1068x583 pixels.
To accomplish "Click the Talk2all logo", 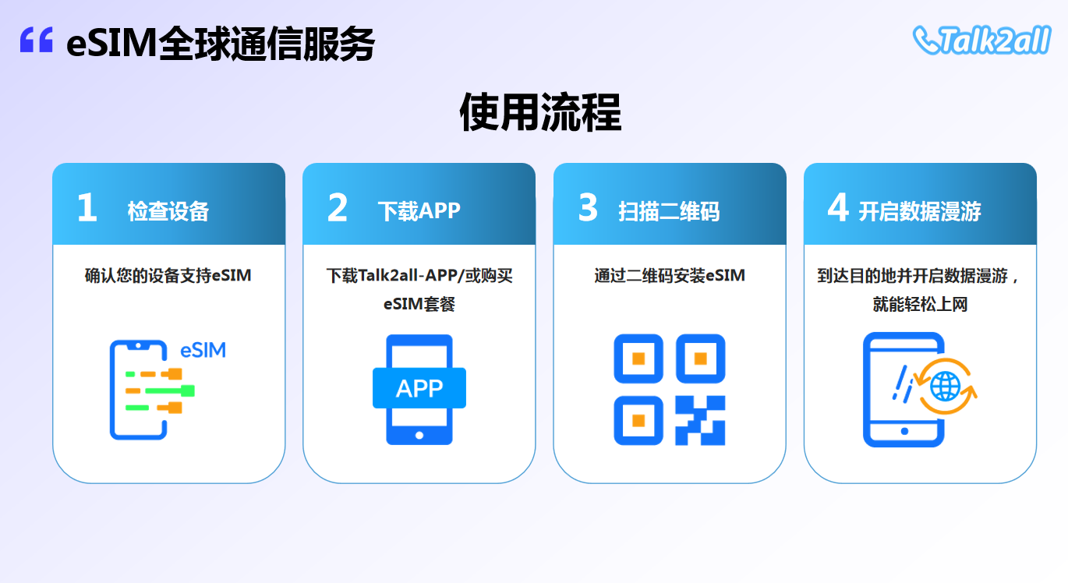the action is point(981,40).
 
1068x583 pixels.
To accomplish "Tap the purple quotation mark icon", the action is point(36,40).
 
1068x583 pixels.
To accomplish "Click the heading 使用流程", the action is point(540,112).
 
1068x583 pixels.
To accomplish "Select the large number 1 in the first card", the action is point(87,207).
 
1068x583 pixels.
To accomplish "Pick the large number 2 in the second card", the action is point(338,207).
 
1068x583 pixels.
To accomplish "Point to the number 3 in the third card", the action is point(588,207).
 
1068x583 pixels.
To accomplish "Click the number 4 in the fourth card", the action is point(838,207).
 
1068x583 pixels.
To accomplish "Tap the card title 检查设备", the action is point(168,211).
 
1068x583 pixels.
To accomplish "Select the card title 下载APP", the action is point(419,211).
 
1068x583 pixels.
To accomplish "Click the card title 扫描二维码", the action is point(669,211).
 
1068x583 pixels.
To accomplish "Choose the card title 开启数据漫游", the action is point(920,211).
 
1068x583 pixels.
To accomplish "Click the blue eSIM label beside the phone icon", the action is point(203,351).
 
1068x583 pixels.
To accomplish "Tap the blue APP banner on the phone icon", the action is point(419,388).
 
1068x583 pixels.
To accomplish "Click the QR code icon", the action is point(670,390).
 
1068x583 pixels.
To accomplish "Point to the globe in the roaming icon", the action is point(945,386).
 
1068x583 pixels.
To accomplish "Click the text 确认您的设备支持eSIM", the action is point(168,276).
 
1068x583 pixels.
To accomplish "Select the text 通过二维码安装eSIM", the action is point(670,276).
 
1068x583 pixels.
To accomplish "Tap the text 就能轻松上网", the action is point(920,304).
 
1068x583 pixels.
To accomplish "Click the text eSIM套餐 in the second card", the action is point(419,304).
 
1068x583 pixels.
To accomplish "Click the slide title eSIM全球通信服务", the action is point(221,44).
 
